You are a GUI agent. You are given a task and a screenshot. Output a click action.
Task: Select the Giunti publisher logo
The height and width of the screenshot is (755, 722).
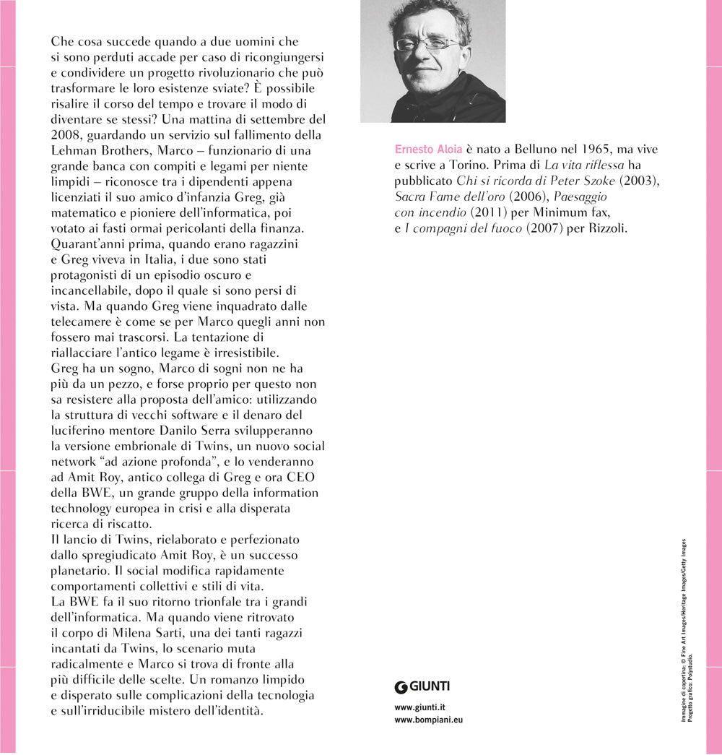pos(422,686)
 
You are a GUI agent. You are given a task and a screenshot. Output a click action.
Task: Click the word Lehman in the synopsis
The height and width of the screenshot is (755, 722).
pos(75,150)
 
